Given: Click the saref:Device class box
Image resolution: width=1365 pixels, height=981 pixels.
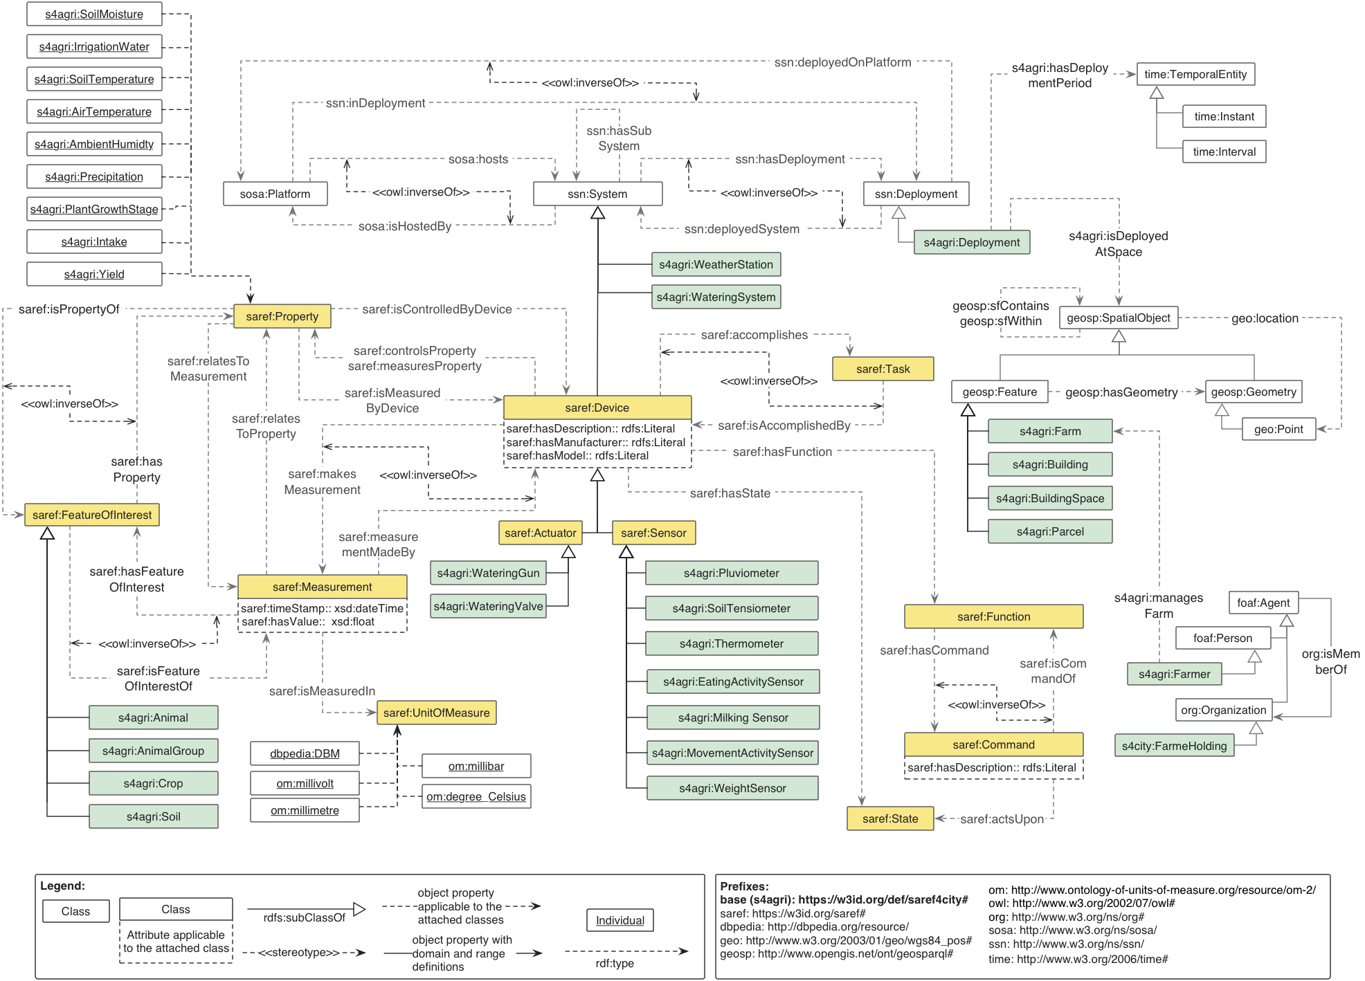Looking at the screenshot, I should pos(597,407).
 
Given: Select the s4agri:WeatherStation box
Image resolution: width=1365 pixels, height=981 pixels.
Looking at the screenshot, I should pos(716,264).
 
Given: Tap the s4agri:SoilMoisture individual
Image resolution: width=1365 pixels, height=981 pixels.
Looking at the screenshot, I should pos(94,14).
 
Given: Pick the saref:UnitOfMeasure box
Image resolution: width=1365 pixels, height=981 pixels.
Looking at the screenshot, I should pos(436,713).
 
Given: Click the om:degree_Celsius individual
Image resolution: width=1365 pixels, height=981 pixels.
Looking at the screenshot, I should pos(476,796).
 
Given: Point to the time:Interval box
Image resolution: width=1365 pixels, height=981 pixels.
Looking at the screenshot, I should pos(1224,152).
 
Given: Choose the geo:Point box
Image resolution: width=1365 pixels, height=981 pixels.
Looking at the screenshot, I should pos(1278,429).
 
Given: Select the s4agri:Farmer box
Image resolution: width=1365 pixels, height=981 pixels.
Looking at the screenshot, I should pos(1174,674).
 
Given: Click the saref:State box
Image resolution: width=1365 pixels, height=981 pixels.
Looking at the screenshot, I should pos(890,818).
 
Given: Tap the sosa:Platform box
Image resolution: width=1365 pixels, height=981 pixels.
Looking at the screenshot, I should pos(275,194).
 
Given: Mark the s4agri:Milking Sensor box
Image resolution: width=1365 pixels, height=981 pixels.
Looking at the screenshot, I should pos(733,717).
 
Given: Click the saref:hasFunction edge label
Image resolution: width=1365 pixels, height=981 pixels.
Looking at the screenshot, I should pos(782,452).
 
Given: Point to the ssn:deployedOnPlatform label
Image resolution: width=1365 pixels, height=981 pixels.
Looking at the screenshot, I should pos(842,62).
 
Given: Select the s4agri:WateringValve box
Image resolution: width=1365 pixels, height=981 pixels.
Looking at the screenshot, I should pos(488,606).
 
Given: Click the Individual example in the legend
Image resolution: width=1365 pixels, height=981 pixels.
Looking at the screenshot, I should pos(620,920).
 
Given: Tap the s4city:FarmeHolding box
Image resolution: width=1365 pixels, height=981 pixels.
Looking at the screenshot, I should pos(1174,746).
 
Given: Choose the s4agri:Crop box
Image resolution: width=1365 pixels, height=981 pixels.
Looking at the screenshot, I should pos(153,783).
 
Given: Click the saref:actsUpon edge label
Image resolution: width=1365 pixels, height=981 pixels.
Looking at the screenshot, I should pos(1002,819).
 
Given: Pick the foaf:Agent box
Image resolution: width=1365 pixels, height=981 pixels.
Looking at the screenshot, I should pos(1263,603).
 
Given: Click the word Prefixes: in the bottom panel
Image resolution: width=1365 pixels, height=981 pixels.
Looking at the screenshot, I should pos(744,886).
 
